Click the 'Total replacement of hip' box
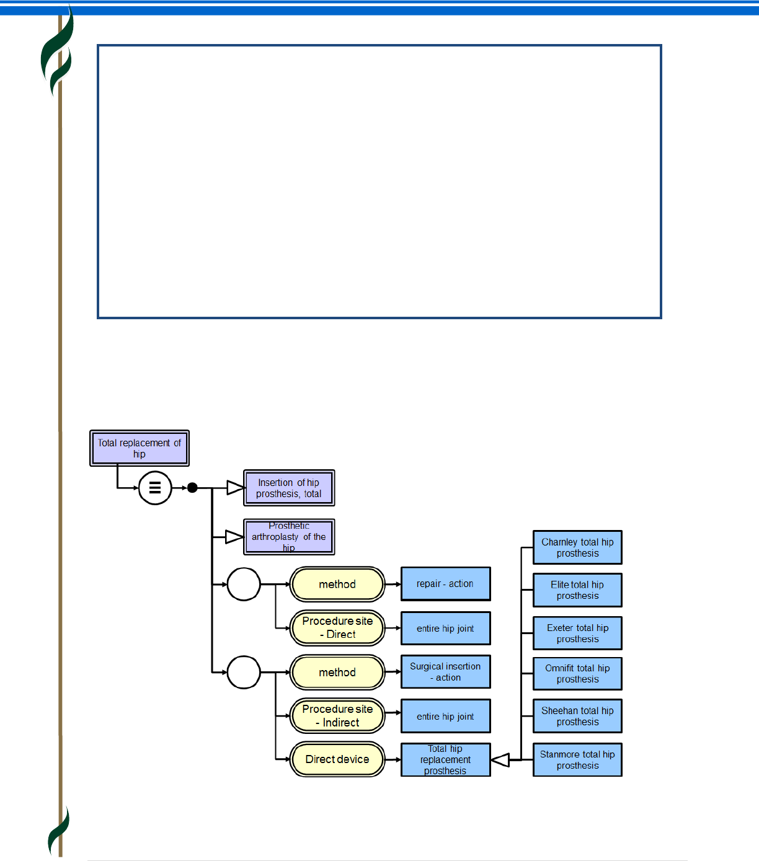pyautogui.click(x=140, y=448)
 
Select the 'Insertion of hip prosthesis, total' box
pyautogui.click(x=289, y=488)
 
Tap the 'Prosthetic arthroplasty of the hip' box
pyautogui.click(x=289, y=537)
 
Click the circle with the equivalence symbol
pyautogui.click(x=155, y=488)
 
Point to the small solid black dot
pyautogui.click(x=193, y=488)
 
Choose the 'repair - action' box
pyautogui.click(x=445, y=584)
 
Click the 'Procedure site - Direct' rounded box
pyautogui.click(x=337, y=628)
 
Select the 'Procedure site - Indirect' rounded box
pyautogui.click(x=337, y=716)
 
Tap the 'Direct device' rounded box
pyautogui.click(x=337, y=759)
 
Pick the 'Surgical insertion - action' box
pyautogui.click(x=445, y=672)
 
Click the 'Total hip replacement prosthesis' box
pyautogui.click(x=445, y=759)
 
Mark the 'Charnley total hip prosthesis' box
pyautogui.click(x=577, y=547)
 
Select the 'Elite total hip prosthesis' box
pyautogui.click(x=577, y=590)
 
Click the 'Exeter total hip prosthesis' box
pyautogui.click(x=577, y=633)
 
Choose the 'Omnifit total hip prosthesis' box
pyautogui.click(x=577, y=674)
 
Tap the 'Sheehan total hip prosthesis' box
pyautogui.click(x=577, y=716)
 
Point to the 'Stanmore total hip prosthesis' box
pyautogui.click(x=577, y=759)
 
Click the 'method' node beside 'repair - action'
pyautogui.click(x=337, y=584)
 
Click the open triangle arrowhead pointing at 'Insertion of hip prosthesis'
pyautogui.click(x=234, y=488)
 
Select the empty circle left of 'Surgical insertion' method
pyautogui.click(x=244, y=672)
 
